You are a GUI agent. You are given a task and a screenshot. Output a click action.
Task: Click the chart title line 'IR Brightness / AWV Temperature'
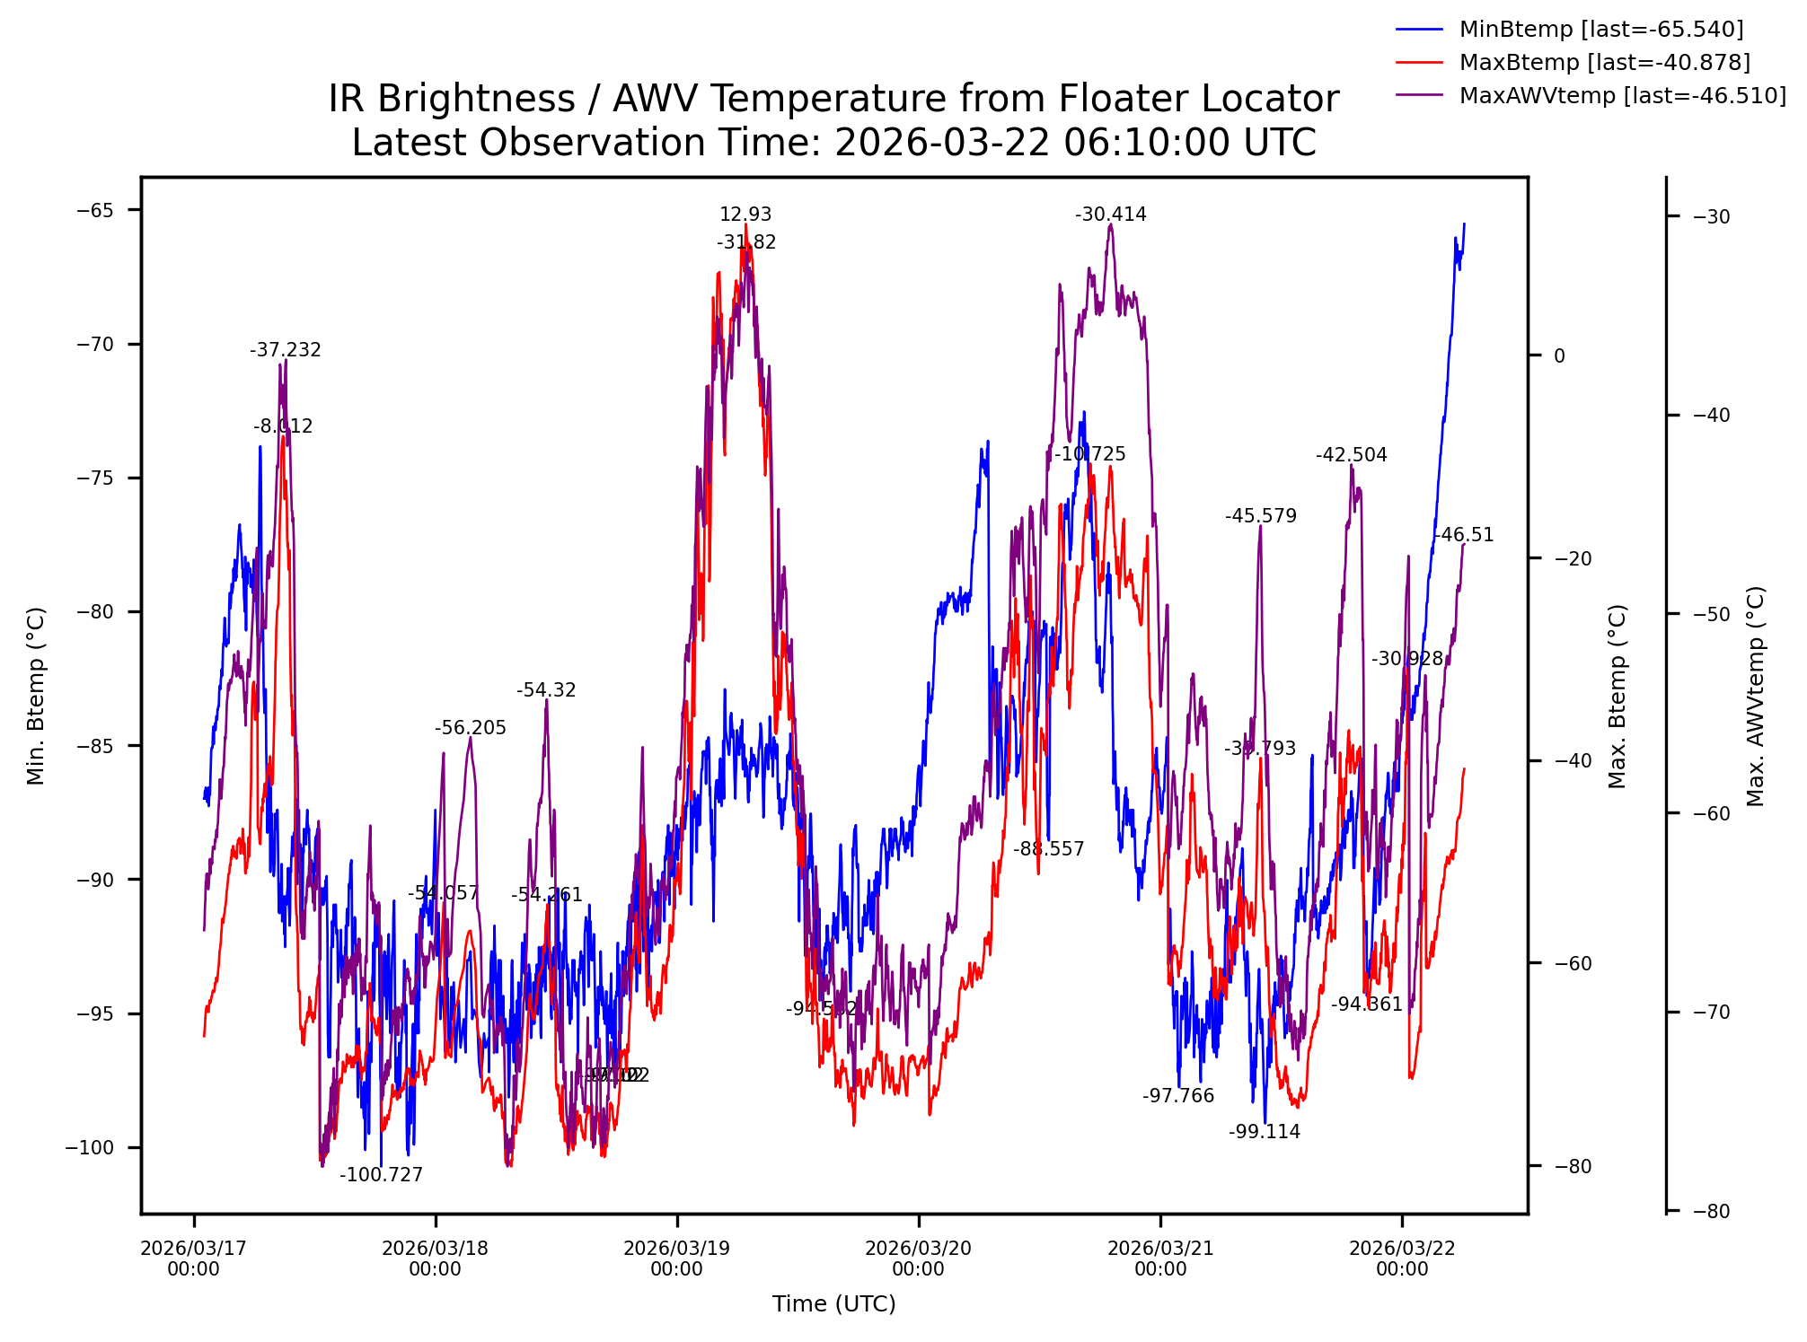[833, 99]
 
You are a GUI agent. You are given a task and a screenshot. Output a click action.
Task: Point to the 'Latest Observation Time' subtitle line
[833, 144]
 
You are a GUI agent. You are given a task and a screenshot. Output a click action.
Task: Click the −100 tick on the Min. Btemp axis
[90, 1148]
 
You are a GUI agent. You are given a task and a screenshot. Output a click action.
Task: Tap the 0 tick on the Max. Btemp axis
[1559, 356]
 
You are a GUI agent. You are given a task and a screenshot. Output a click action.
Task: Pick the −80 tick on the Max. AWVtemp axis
[1711, 1212]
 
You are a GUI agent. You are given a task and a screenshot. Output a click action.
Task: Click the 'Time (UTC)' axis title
[833, 1304]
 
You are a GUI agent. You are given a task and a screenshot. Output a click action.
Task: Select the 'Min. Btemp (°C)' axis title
[36, 696]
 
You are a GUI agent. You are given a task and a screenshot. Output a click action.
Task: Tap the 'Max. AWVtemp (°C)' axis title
[1756, 696]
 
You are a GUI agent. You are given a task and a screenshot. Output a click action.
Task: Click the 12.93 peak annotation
[745, 215]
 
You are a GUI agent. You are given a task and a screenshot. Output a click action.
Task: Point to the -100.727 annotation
[381, 1176]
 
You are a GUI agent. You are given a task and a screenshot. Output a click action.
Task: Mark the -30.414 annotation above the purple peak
[1111, 215]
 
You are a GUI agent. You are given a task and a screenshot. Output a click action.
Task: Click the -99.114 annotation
[1265, 1133]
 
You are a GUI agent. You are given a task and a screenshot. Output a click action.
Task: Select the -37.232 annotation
[286, 351]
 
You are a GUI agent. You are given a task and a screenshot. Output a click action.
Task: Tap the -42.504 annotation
[1352, 456]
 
